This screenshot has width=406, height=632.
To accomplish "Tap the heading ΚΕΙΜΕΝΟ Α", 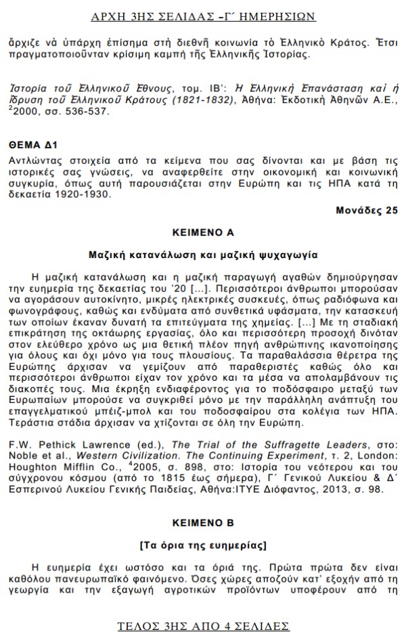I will tap(203, 232).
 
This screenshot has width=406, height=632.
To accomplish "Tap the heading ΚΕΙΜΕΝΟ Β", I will tap(203, 524).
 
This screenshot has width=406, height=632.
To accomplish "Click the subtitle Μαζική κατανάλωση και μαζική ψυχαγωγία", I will tap(203, 255).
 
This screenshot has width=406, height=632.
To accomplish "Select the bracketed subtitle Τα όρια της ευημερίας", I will tap(203, 546).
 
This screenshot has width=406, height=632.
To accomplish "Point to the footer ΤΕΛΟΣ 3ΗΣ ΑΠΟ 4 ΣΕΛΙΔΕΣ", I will tap(203, 625).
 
